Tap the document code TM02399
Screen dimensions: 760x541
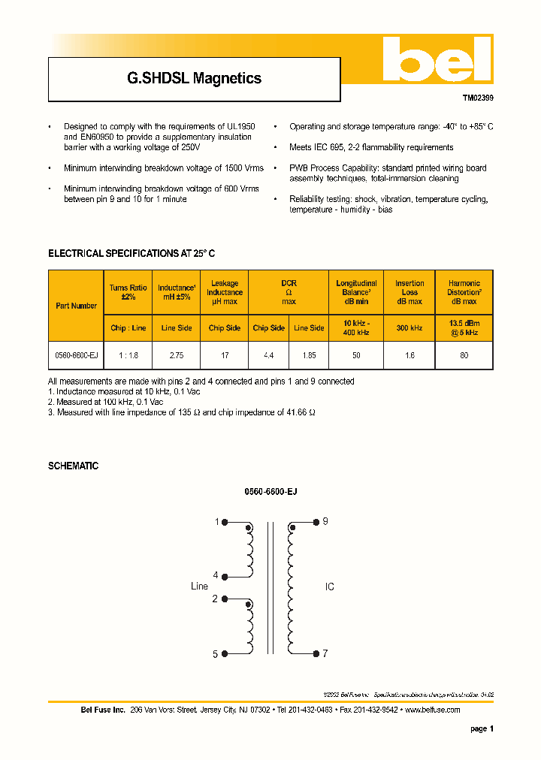(477, 98)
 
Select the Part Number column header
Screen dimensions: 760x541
(76, 306)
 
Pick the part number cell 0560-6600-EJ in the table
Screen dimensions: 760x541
(76, 355)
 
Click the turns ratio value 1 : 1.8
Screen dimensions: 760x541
(128, 355)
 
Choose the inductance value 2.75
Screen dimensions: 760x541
(177, 355)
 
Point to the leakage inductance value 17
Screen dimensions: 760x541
(225, 355)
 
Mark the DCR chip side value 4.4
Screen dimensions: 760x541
(268, 355)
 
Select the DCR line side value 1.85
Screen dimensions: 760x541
(308, 355)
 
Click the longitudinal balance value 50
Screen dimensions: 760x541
(356, 355)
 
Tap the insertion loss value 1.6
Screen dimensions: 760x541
(410, 355)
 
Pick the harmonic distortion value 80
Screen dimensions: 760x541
(464, 355)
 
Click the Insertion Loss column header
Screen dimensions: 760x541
(410, 292)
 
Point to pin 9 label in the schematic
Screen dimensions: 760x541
(325, 521)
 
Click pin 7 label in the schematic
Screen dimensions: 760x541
(325, 653)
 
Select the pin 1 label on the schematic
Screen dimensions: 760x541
(216, 522)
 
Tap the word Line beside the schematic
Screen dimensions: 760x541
(199, 587)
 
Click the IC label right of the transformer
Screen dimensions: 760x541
(329, 587)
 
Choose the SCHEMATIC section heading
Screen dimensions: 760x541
(73, 466)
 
